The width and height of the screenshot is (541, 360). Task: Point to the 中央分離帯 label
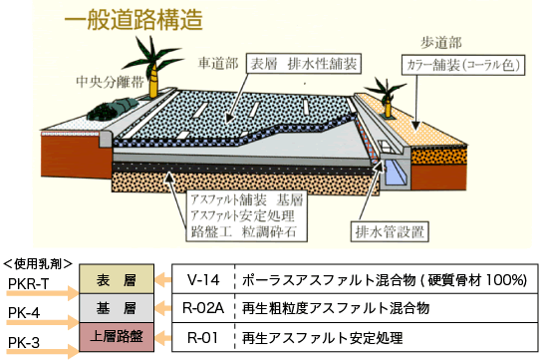103,81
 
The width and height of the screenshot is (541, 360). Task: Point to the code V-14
202,280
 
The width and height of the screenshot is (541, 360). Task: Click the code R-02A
202,309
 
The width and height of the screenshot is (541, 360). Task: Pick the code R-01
202,337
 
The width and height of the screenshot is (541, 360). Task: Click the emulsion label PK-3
24,343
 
